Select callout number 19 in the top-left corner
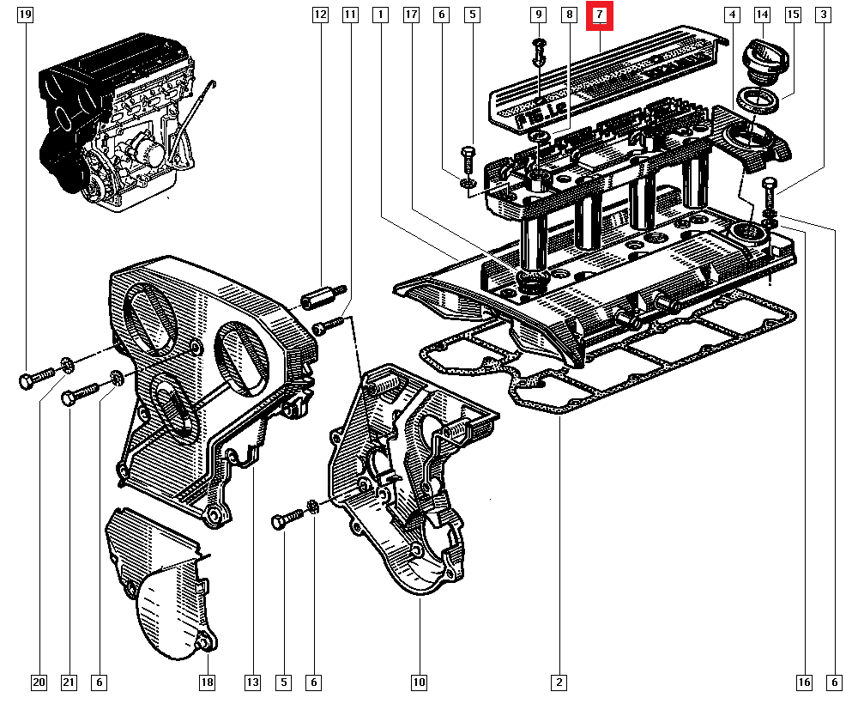[x=26, y=15]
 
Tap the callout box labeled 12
[x=320, y=15]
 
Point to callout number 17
[x=411, y=15]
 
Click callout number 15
[x=793, y=15]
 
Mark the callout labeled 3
[x=824, y=15]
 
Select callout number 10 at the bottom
[x=418, y=683]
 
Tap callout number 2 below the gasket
[x=559, y=683]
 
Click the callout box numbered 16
[x=803, y=683]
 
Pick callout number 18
[x=207, y=683]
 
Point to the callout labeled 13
[x=252, y=683]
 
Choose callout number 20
[x=39, y=683]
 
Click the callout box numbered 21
[x=69, y=683]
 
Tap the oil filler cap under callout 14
[x=762, y=60]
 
